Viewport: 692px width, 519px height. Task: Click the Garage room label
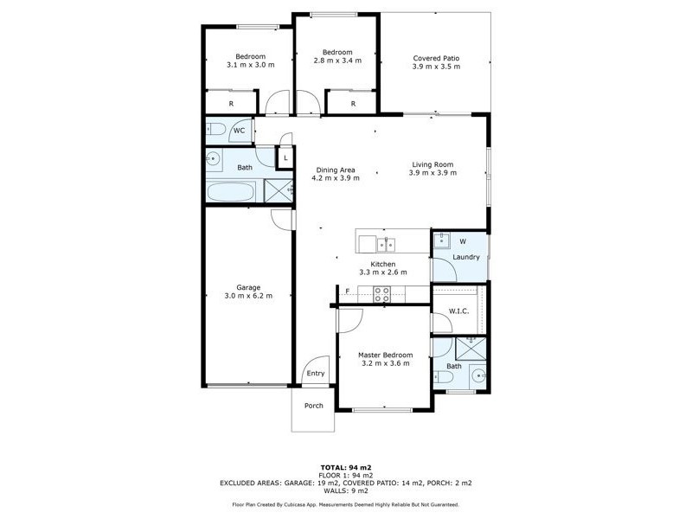248,287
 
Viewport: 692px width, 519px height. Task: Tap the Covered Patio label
436,58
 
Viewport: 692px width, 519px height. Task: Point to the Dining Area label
334,170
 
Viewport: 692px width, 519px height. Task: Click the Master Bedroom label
385,355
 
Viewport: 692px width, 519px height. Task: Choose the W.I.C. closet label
458,311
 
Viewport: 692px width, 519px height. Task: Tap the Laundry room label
466,257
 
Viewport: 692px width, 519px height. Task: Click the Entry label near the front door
315,375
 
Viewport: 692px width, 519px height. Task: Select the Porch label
313,406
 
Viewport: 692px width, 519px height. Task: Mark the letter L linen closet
285,158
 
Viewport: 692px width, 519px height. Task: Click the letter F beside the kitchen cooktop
347,292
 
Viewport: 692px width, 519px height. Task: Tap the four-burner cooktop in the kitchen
382,294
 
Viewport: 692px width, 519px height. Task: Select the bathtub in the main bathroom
232,191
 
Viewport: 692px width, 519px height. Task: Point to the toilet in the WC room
216,131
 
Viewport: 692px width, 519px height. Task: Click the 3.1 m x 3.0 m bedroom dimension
250,65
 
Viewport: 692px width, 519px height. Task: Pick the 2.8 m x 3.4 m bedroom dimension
336,61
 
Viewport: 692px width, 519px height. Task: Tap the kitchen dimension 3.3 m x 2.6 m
383,272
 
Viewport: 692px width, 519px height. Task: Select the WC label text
239,131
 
